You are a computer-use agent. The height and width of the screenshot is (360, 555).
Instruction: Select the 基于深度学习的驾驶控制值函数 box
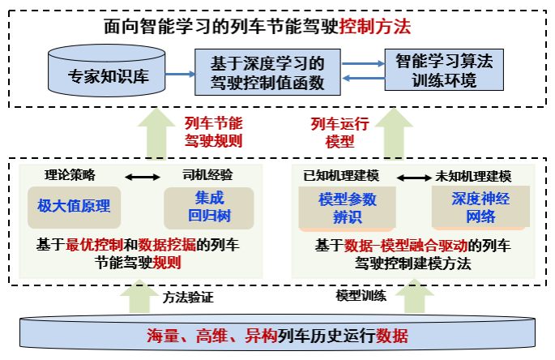click(x=267, y=72)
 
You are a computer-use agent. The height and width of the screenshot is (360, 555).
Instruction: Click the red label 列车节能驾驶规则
click(x=213, y=131)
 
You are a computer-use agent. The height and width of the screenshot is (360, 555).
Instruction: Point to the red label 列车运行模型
click(x=339, y=131)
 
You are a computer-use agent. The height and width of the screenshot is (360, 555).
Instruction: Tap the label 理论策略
click(x=69, y=174)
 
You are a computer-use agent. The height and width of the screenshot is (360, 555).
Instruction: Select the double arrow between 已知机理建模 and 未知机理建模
click(x=410, y=176)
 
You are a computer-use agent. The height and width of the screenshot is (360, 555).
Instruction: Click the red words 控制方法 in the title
click(x=378, y=27)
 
